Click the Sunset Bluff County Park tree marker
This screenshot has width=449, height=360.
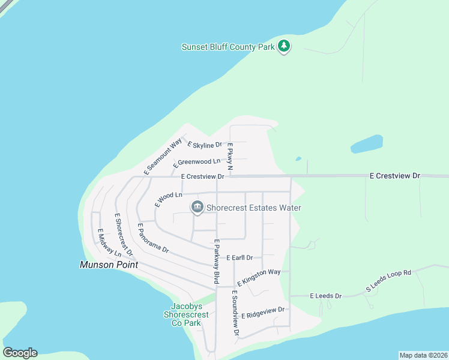coord(284,46)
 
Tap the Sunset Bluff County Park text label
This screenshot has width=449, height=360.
coord(228,47)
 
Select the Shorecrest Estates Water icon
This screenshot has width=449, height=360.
coord(196,208)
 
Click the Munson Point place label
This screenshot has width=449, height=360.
coord(109,265)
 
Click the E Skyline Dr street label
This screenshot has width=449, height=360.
coord(205,145)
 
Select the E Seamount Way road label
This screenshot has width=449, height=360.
coord(163,157)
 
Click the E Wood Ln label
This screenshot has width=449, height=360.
coord(167,199)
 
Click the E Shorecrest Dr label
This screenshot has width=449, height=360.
coord(122,233)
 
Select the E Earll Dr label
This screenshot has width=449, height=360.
coord(240,257)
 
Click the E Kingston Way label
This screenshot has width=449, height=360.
coord(259,277)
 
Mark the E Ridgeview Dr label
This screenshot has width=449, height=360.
coord(262,313)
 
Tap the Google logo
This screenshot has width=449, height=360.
coord(20,353)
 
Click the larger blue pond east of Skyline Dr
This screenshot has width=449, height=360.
coord(366,144)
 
